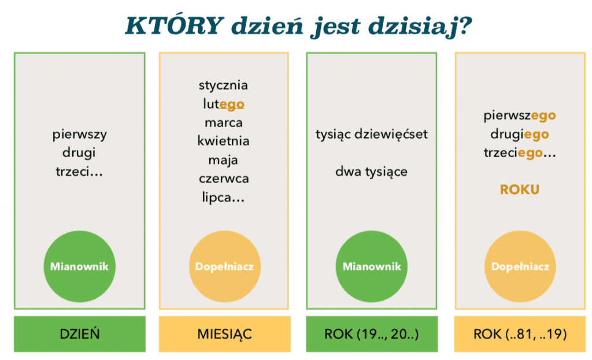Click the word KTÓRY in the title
tap(174, 25)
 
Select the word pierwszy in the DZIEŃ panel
tap(80, 135)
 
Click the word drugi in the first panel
tap(79, 153)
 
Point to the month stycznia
tap(224, 86)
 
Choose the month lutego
tap(224, 104)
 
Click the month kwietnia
tap(224, 141)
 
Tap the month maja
tap(223, 161)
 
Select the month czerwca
tap(224, 179)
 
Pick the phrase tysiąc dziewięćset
tap(372, 134)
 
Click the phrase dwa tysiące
tap(372, 172)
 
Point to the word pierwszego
tap(520, 116)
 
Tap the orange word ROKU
tap(520, 190)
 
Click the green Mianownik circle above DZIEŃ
tap(79, 266)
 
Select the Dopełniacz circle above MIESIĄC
tap(224, 266)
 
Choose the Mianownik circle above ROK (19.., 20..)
tap(372, 266)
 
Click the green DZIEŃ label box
tap(80, 334)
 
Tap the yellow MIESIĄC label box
tap(225, 334)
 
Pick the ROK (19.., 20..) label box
tap(372, 334)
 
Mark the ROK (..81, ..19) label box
tap(520, 334)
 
